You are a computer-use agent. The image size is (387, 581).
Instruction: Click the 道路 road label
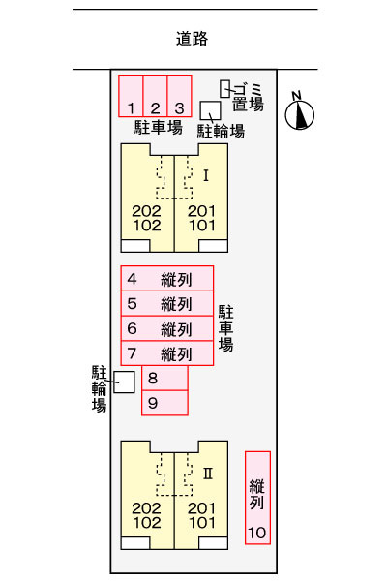click(x=192, y=39)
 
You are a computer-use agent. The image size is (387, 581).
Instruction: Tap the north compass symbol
click(x=299, y=112)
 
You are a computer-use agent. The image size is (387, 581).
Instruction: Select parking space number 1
click(x=131, y=96)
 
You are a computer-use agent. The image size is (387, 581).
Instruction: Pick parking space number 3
click(x=179, y=96)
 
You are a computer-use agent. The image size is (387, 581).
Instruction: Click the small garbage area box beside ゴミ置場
click(x=224, y=89)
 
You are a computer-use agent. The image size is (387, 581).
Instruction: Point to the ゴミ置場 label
click(x=248, y=97)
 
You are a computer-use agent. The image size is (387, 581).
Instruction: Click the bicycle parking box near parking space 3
click(x=210, y=110)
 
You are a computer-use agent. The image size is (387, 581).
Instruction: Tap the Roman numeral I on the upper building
click(x=206, y=175)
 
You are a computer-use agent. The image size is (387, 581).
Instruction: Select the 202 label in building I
click(x=147, y=211)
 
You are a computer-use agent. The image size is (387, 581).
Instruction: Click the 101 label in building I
click(x=202, y=226)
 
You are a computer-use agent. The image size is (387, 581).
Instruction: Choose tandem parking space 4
click(x=167, y=278)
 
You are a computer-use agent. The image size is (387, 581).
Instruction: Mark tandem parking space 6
click(x=167, y=328)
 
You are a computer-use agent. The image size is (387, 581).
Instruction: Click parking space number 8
click(x=164, y=378)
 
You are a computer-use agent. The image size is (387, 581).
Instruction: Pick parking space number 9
click(x=164, y=403)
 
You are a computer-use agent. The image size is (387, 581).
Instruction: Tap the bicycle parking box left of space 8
click(x=124, y=382)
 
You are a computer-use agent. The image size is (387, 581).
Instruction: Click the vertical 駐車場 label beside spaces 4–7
click(x=225, y=328)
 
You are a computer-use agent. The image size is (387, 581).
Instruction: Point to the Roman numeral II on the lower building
click(x=208, y=474)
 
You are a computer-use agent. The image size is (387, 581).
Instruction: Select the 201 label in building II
click(x=202, y=508)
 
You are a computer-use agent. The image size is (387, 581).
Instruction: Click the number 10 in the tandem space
click(x=257, y=533)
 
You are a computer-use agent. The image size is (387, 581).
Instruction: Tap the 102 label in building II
click(x=147, y=523)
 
